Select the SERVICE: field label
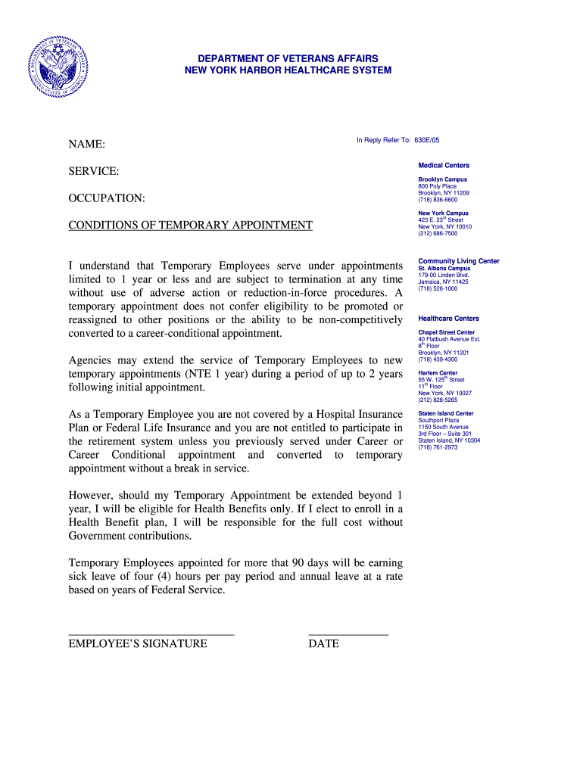pos(94,172)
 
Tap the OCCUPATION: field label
pos(107,198)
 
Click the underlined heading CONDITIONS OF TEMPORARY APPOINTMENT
pos(190,226)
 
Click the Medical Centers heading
pos(444,166)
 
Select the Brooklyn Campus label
pos(442,179)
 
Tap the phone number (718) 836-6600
pos(438,200)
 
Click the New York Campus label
pos(443,213)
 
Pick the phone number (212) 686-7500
pos(438,234)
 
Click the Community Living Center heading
pos(459,261)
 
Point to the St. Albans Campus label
pos(444,269)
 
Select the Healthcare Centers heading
pos(448,319)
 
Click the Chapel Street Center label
pos(447,332)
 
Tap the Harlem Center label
pos(438,373)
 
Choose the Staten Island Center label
pos(446,414)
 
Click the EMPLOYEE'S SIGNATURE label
pos(138,644)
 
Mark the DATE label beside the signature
pos(323,644)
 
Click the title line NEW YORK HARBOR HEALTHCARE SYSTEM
pos(288,70)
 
